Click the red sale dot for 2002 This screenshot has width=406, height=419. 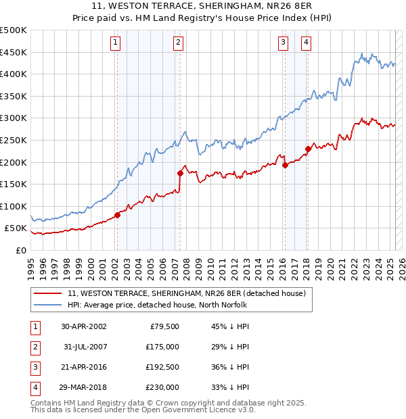[117, 215]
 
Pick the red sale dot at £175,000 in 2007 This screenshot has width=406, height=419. [181, 172]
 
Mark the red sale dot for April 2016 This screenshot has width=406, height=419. [285, 165]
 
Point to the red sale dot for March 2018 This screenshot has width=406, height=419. [308, 149]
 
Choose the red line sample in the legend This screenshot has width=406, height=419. [47, 293]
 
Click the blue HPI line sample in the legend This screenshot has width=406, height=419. [47, 305]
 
